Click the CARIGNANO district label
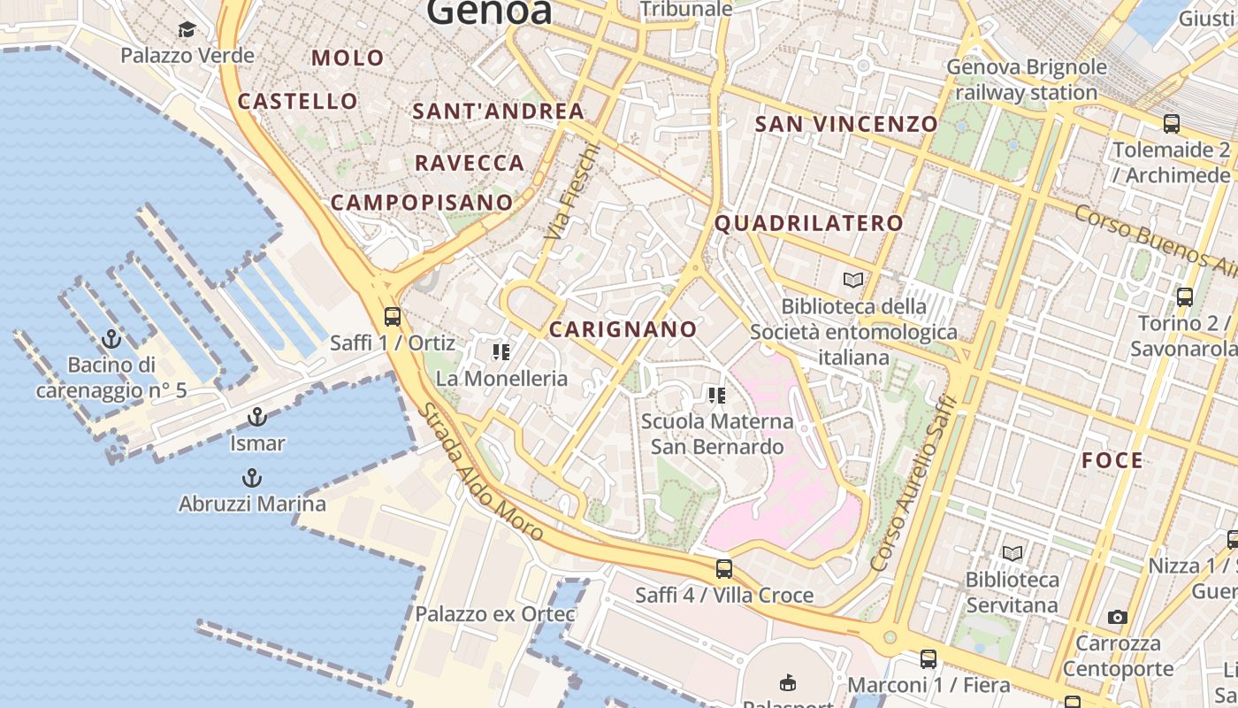pyautogui.click(x=623, y=329)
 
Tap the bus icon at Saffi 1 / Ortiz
pyautogui.click(x=393, y=316)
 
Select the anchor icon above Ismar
pyautogui.click(x=257, y=416)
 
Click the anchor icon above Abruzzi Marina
pyautogui.click(x=252, y=478)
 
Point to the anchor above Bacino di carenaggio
pyautogui.click(x=111, y=338)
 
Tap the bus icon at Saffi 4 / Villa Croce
pyautogui.click(x=724, y=568)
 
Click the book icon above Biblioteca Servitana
pyautogui.click(x=1013, y=553)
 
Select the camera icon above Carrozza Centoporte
pyautogui.click(x=1118, y=617)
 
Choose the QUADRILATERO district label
pyautogui.click(x=809, y=224)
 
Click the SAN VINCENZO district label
pyautogui.click(x=846, y=124)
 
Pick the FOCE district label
pyautogui.click(x=1112, y=460)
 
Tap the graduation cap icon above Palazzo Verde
pyautogui.click(x=187, y=30)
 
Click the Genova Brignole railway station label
pyautogui.click(x=1027, y=80)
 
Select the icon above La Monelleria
pyautogui.click(x=501, y=352)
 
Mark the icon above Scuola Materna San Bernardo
pyautogui.click(x=716, y=395)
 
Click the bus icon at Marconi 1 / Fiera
pyautogui.click(x=928, y=658)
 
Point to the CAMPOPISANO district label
pyautogui.click(x=422, y=203)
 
